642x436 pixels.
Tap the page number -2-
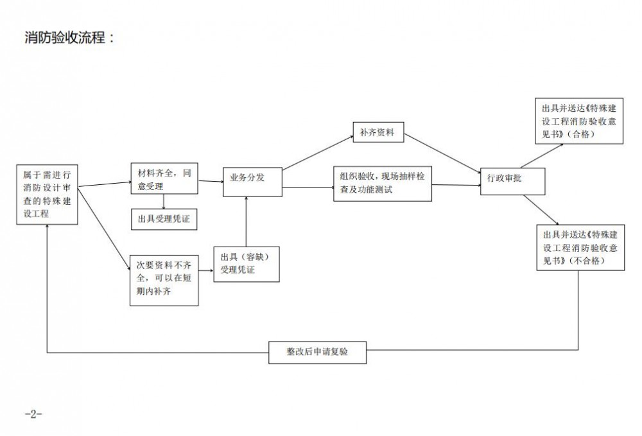tap(33, 414)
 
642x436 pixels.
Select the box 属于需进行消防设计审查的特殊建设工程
tap(48, 195)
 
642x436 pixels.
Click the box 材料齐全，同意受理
tap(164, 180)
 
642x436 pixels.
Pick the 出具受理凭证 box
tap(164, 219)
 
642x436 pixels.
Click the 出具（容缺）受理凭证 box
tap(247, 263)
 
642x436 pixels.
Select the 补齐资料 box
tap(377, 134)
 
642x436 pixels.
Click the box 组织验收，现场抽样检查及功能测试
tap(382, 184)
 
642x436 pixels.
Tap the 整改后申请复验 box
tap(317, 352)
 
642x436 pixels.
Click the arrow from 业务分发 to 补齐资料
tap(317, 153)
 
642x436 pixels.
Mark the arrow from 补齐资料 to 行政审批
tap(443, 153)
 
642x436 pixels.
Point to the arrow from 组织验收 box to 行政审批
tap(456, 187)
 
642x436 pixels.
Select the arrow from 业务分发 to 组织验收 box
tap(308, 187)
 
